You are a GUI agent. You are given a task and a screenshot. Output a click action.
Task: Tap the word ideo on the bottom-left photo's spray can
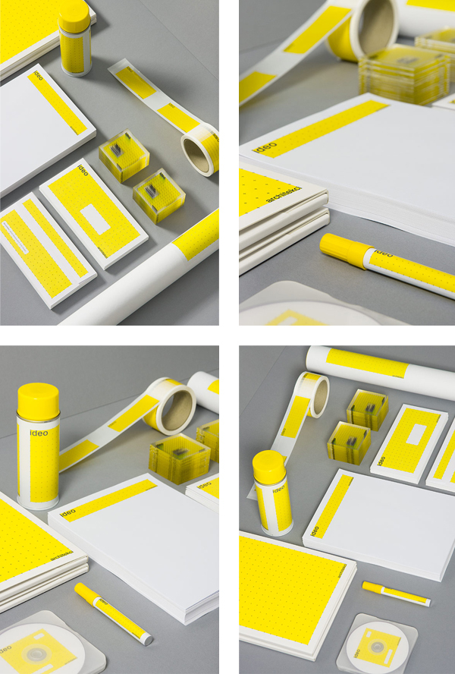[x=38, y=433]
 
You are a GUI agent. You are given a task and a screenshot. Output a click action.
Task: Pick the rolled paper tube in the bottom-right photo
[x=379, y=364]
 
